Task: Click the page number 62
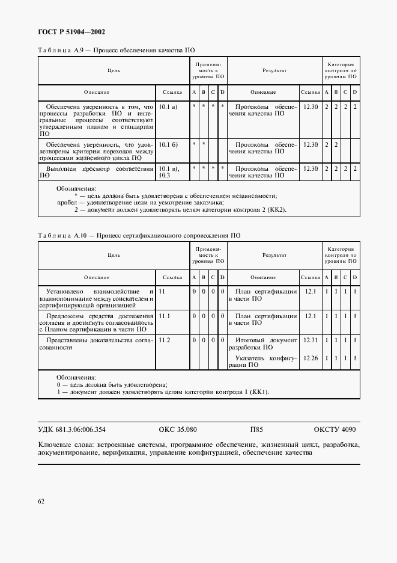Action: (41, 500)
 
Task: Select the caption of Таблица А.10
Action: (139, 236)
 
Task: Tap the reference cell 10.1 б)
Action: (168, 144)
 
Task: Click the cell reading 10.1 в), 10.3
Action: (171, 172)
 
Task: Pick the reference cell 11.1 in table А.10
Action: (165, 316)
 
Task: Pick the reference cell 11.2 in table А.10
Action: (165, 340)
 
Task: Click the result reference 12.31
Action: (310, 340)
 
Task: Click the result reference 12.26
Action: (310, 358)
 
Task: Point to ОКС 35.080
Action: (178, 429)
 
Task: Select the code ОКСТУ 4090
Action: (335, 429)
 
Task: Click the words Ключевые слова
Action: (61, 445)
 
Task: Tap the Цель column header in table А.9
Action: (114, 70)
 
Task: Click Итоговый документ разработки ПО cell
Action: (262, 343)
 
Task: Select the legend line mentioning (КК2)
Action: (180, 210)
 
